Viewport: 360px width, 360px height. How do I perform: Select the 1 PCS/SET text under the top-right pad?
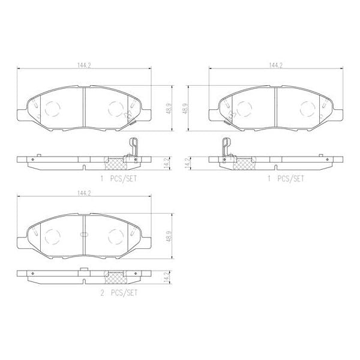pos(286,178)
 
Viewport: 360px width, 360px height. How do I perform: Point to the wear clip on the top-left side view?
pos(133,147)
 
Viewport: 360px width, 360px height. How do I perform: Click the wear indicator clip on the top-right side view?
pos(225,148)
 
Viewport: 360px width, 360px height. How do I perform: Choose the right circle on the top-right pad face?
pos(309,108)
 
